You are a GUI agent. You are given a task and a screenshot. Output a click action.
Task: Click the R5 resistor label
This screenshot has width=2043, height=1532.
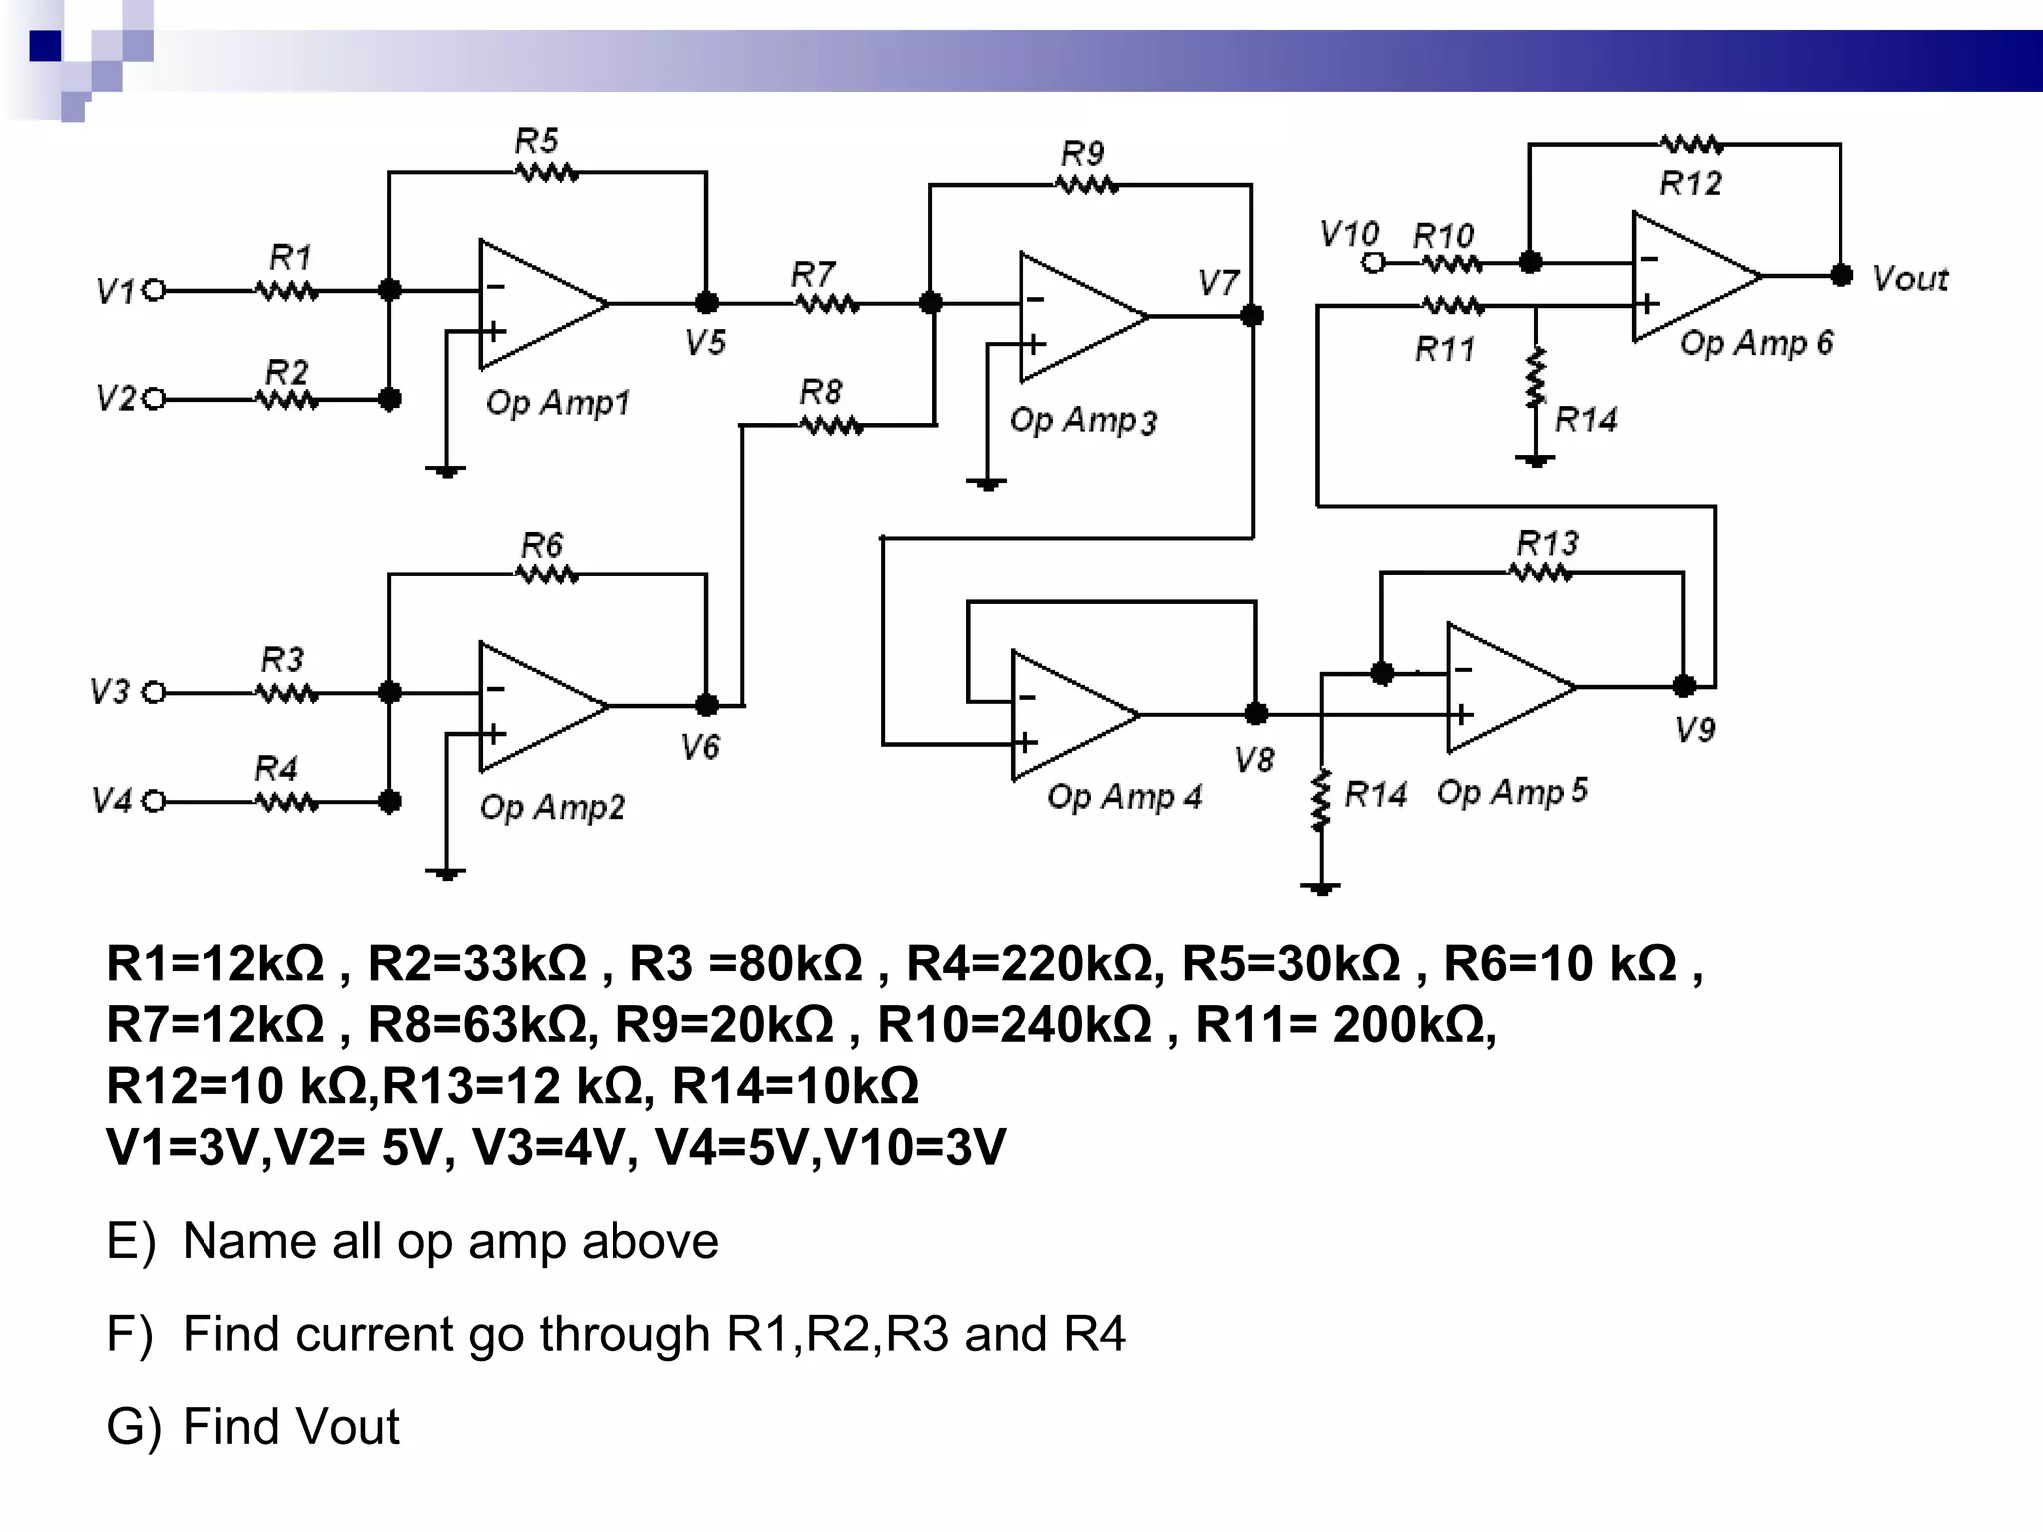click(x=536, y=141)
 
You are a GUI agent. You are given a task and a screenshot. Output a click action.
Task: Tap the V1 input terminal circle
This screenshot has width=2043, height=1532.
click(x=154, y=291)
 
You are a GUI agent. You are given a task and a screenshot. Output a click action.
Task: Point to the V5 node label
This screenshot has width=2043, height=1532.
click(x=705, y=343)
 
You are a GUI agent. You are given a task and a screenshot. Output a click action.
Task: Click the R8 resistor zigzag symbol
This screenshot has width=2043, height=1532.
click(x=832, y=426)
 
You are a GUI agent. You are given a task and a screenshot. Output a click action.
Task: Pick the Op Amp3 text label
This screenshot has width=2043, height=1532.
click(x=1082, y=420)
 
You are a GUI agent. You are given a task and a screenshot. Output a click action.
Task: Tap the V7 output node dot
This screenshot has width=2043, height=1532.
click(x=1252, y=316)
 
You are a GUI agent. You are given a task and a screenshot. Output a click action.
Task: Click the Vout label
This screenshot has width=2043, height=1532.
click(x=1910, y=279)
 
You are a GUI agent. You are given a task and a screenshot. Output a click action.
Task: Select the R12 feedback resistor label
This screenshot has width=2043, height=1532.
click(x=1690, y=184)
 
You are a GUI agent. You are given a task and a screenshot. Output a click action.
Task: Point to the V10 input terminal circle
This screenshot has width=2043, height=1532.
click(x=1374, y=263)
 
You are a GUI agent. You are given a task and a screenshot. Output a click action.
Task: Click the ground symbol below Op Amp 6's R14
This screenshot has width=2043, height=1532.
click(x=1535, y=461)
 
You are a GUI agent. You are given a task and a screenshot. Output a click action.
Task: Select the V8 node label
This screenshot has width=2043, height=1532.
click(x=1254, y=761)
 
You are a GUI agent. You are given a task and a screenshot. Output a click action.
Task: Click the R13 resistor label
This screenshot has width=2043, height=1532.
click(x=1547, y=544)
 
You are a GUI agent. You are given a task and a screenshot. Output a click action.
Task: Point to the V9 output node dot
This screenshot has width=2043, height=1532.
click(x=1684, y=686)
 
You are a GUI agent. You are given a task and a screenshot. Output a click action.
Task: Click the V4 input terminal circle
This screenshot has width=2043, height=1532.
click(x=154, y=802)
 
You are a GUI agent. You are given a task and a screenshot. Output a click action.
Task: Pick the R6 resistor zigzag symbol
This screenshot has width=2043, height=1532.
click(x=546, y=574)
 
